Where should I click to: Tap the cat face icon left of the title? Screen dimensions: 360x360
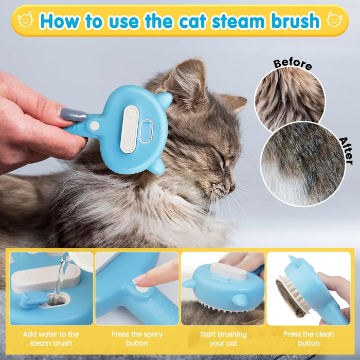point(25,20)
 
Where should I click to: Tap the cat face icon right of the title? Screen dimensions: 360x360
point(335,21)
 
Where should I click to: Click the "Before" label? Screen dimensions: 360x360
point(292,64)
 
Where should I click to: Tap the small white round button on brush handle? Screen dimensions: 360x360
point(95,125)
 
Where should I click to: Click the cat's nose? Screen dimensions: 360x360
point(232,188)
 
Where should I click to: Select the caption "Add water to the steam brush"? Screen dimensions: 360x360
point(51,338)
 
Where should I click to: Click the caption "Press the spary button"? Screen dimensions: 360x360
point(137,338)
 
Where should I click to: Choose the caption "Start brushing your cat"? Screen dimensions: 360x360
point(223,338)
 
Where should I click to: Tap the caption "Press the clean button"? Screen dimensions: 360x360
point(309,338)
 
